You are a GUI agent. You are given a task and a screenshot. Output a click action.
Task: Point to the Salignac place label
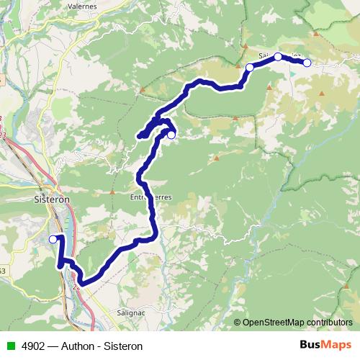[132, 313]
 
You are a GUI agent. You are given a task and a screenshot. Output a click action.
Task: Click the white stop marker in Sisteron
[53, 239]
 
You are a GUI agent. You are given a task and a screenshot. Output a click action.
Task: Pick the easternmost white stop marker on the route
[307, 63]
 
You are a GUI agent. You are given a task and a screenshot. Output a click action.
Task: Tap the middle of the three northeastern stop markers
[278, 56]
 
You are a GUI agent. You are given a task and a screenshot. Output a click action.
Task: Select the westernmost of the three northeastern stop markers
[250, 68]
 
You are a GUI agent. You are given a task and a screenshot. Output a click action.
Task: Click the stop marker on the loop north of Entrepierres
[171, 134]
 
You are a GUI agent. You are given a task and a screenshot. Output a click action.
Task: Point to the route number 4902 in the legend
[32, 346]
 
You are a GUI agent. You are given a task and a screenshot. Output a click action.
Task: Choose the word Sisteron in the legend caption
[123, 346]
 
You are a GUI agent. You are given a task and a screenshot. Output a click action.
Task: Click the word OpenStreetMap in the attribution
[271, 322]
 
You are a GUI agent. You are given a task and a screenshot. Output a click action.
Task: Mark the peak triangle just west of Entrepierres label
[112, 192]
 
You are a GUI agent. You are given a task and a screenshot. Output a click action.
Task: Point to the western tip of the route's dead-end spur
[139, 135]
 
